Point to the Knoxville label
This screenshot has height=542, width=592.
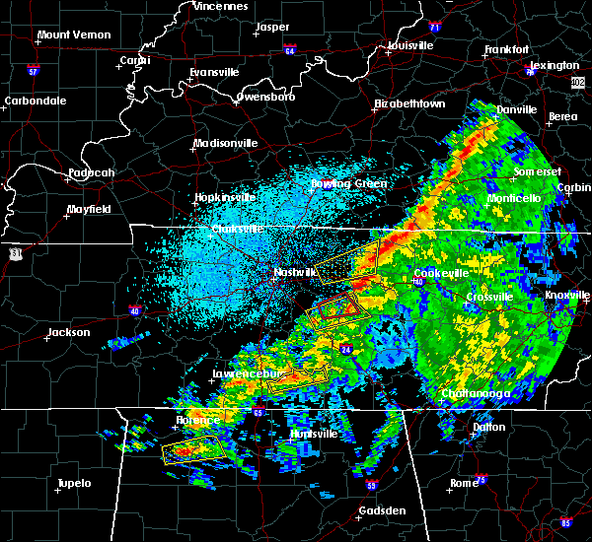coord(567,295)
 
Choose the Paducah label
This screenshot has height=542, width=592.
coord(92,173)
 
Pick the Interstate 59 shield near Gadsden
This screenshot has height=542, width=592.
coord(372,486)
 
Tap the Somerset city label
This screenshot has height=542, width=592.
coord(536,171)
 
